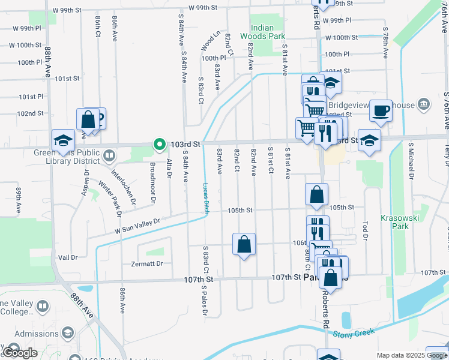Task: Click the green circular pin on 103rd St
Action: pyautogui.click(x=159, y=144)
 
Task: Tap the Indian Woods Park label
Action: pyautogui.click(x=262, y=32)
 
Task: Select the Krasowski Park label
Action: pyautogui.click(x=395, y=222)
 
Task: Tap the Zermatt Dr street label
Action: pyautogui.click(x=146, y=263)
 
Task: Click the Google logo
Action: pyautogui.click(x=20, y=353)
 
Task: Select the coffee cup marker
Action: pyautogui.click(x=381, y=111)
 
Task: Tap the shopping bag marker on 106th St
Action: pyautogui.click(x=244, y=244)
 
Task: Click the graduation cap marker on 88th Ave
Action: pyautogui.click(x=63, y=140)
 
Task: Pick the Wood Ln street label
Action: pyautogui.click(x=210, y=42)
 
